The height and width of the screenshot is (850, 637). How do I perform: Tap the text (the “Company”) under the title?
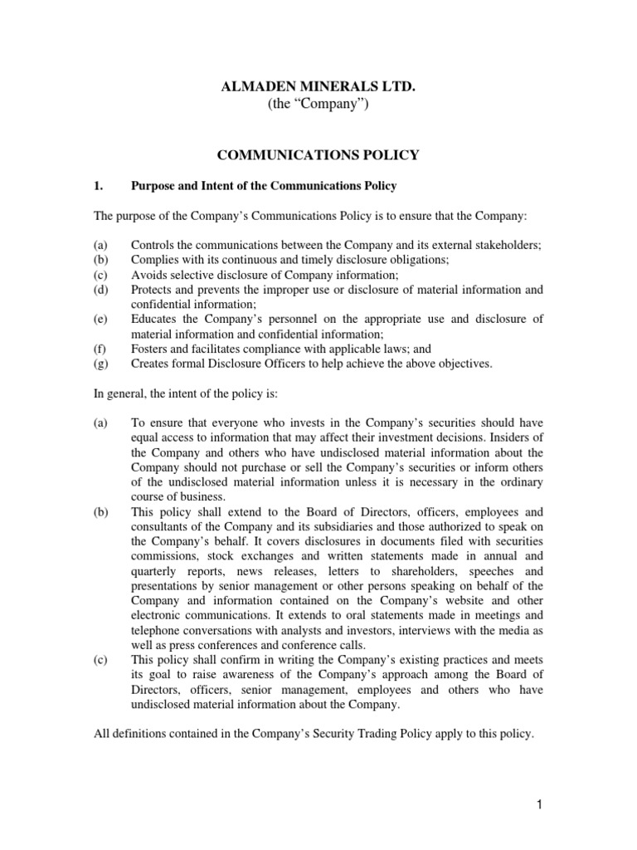[318, 105]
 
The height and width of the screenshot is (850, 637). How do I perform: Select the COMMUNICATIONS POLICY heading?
[318, 154]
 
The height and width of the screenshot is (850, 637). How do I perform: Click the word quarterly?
[158, 573]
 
